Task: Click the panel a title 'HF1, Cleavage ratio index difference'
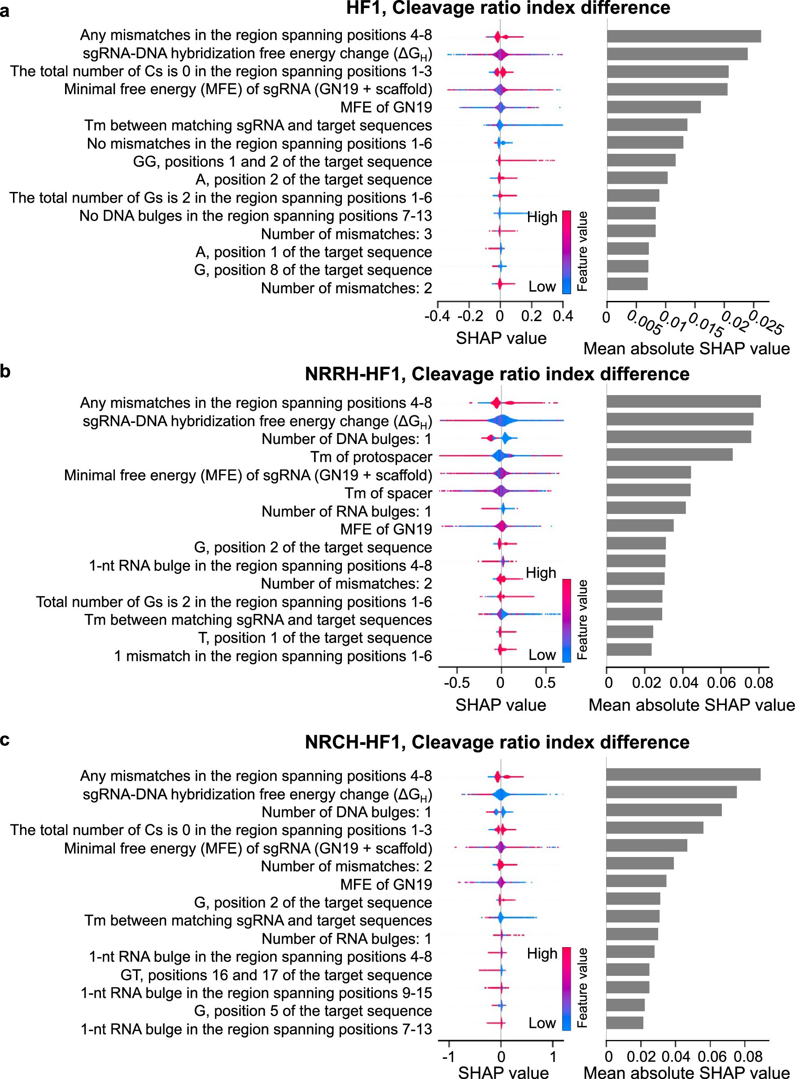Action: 508,8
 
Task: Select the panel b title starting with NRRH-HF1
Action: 497,374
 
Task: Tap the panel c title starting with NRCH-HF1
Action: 497,742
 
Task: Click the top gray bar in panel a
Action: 683,36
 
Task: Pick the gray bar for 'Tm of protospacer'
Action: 669,455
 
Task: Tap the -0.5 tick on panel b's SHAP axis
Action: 456,682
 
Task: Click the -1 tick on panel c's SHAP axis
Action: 449,1057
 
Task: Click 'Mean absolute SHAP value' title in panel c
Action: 686,1073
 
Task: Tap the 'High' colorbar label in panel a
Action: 542,217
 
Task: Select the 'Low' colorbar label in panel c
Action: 542,1022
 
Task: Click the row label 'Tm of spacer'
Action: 388,493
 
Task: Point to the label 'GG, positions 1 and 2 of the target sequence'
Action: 283,161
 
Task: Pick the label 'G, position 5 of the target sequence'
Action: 313,1011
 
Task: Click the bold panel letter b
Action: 5,371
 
